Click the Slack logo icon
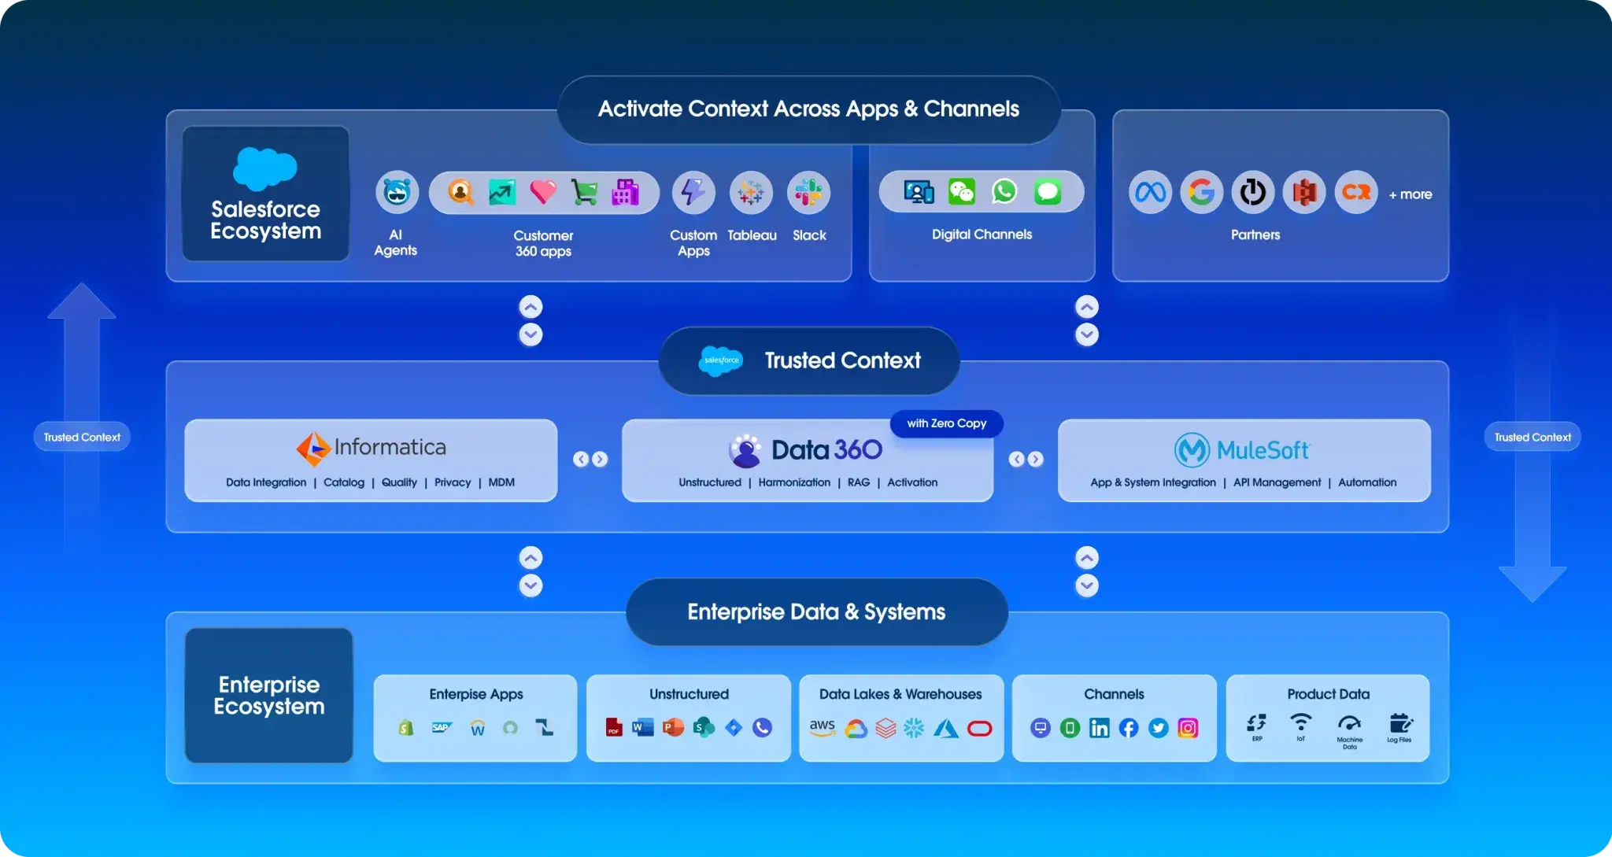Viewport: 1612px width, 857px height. pos(808,192)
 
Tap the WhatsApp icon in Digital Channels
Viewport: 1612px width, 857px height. pos(1004,191)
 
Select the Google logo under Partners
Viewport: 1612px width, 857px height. pos(1201,192)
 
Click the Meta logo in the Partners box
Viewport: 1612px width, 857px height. pos(1150,192)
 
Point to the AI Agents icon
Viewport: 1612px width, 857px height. pos(397,192)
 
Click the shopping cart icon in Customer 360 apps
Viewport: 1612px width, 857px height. pos(584,192)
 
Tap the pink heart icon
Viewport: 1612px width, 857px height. pos(542,191)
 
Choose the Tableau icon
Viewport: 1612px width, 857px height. pos(751,192)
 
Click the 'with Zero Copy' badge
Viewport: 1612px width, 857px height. pos(946,423)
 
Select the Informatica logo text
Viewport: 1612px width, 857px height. pos(390,447)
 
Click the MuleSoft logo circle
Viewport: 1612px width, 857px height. pos(1192,450)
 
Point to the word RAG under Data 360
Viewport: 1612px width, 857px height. pos(859,482)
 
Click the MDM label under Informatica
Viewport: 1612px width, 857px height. pos(501,482)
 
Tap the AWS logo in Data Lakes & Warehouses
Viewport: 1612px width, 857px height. pos(823,727)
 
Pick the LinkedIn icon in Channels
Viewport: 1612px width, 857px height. pos(1099,728)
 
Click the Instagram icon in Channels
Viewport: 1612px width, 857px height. pos(1188,728)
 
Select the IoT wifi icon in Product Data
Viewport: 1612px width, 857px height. pos(1301,722)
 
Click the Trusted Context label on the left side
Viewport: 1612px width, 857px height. pos(82,438)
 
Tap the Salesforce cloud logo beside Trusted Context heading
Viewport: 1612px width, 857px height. pos(721,360)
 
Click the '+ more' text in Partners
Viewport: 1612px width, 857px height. pos(1410,194)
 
